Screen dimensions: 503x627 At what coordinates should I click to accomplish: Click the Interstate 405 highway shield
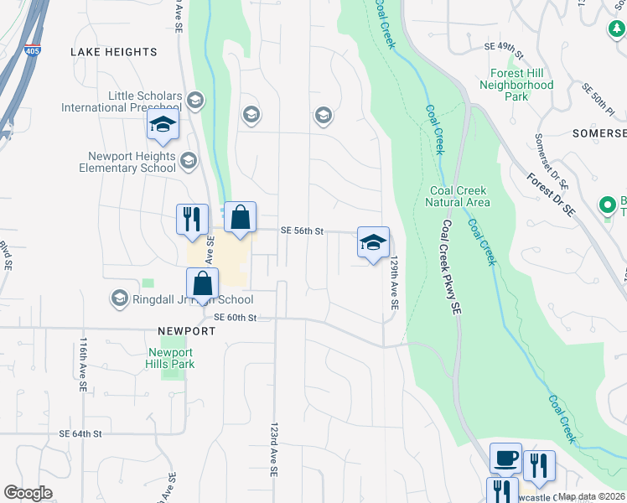[33, 50]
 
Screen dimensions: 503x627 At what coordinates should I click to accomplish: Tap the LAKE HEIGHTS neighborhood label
[113, 52]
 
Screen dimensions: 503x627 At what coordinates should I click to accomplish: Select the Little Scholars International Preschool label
[121, 101]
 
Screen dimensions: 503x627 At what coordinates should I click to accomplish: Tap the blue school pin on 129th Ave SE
[373, 243]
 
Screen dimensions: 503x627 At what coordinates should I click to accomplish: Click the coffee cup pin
[505, 459]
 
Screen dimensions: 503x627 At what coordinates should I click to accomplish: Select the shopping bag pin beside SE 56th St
[240, 218]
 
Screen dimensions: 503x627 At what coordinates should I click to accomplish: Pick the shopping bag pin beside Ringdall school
[203, 284]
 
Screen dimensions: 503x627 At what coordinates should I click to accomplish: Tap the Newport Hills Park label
[171, 358]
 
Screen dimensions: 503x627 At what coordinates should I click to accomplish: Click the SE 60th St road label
[234, 318]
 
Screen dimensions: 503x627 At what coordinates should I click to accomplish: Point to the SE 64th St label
[80, 433]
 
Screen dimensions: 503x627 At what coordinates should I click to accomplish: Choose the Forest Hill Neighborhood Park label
[516, 85]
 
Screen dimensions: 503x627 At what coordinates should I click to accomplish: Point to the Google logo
[28, 494]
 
